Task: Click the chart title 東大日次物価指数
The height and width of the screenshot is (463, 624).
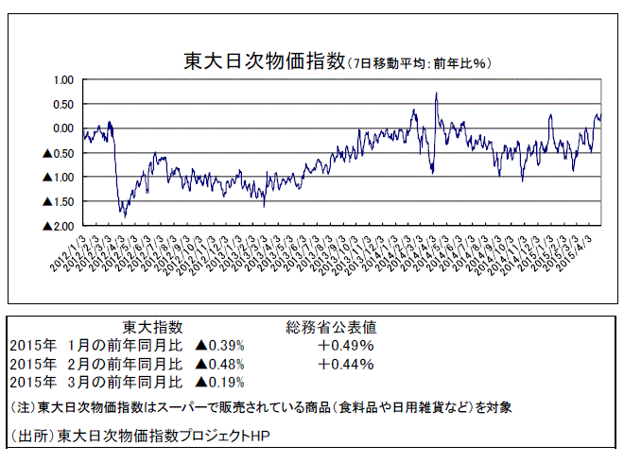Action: [265, 62]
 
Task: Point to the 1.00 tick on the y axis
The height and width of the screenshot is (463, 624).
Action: [62, 79]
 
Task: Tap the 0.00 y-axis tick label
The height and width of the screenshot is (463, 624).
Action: [62, 129]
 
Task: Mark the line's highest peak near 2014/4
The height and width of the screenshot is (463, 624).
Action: [436, 94]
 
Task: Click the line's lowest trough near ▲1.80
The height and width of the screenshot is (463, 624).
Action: [125, 216]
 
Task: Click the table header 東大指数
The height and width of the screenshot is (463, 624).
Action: [153, 327]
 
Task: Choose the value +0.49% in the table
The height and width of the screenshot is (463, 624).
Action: [346, 345]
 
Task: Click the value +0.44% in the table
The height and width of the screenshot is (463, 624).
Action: [346, 364]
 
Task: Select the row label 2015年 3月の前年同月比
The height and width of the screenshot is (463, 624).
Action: [95, 382]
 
